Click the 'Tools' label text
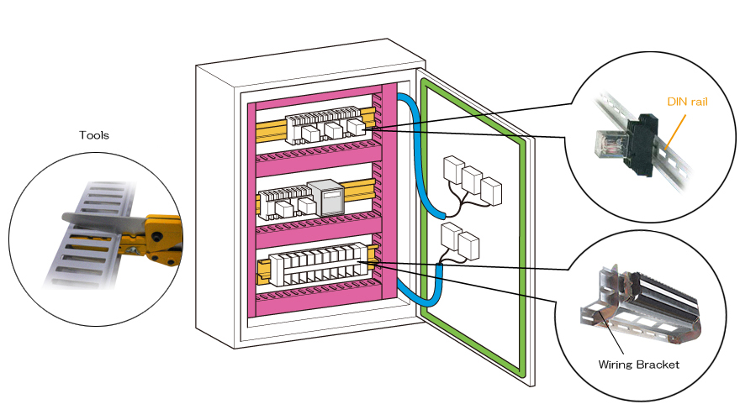[94, 134]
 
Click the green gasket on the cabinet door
[521, 252]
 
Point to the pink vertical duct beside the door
[388, 202]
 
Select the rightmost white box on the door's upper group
[491, 192]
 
